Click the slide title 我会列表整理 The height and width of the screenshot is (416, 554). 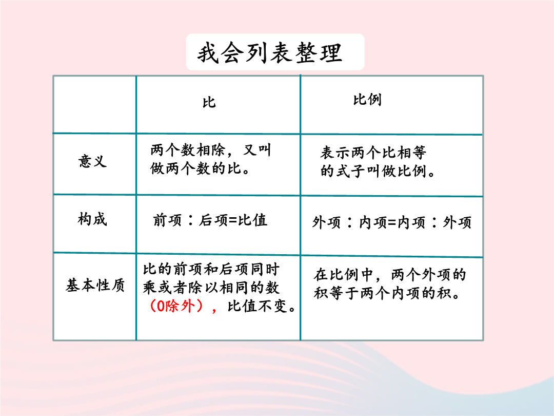(x=270, y=53)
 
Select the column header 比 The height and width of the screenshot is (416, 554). (x=209, y=102)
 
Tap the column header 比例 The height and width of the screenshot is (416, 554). (x=367, y=100)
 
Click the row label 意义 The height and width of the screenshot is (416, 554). (x=92, y=161)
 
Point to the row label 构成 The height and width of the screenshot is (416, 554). (x=92, y=219)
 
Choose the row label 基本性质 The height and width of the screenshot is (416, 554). (x=95, y=285)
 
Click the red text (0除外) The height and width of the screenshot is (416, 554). (x=176, y=306)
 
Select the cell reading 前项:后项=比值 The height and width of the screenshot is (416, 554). (x=210, y=220)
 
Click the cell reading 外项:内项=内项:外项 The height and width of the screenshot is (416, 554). (x=391, y=222)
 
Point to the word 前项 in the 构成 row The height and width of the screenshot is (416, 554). (x=167, y=220)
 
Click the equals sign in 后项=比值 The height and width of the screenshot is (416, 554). (x=233, y=220)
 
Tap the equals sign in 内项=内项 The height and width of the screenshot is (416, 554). (x=392, y=223)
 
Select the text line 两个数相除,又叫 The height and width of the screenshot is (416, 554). (x=211, y=150)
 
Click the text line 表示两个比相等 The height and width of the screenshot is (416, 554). (x=373, y=153)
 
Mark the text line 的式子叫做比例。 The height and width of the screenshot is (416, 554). (x=378, y=171)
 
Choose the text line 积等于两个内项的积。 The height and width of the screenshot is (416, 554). (x=387, y=293)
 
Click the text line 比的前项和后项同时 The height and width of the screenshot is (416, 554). (x=211, y=270)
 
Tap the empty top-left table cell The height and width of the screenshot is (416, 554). (x=95, y=105)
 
